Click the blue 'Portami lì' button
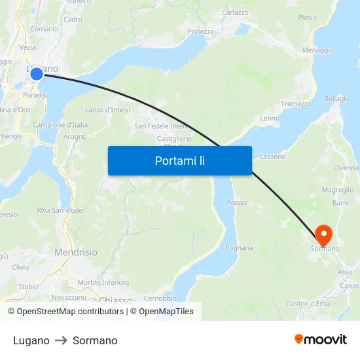[179, 160]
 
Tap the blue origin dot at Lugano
[37, 74]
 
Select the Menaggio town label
[318, 50]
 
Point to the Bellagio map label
[337, 99]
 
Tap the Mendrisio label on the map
[76, 252]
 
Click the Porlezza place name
[200, 31]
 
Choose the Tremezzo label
[296, 104]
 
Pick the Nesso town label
[238, 203]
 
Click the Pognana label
[238, 248]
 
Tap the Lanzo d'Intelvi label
[107, 110]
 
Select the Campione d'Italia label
[60, 125]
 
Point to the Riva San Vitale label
[60, 211]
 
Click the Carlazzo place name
[235, 12]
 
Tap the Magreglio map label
[338, 190]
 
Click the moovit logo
[321, 340]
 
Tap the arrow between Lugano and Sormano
[61, 340]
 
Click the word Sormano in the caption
[95, 340]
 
